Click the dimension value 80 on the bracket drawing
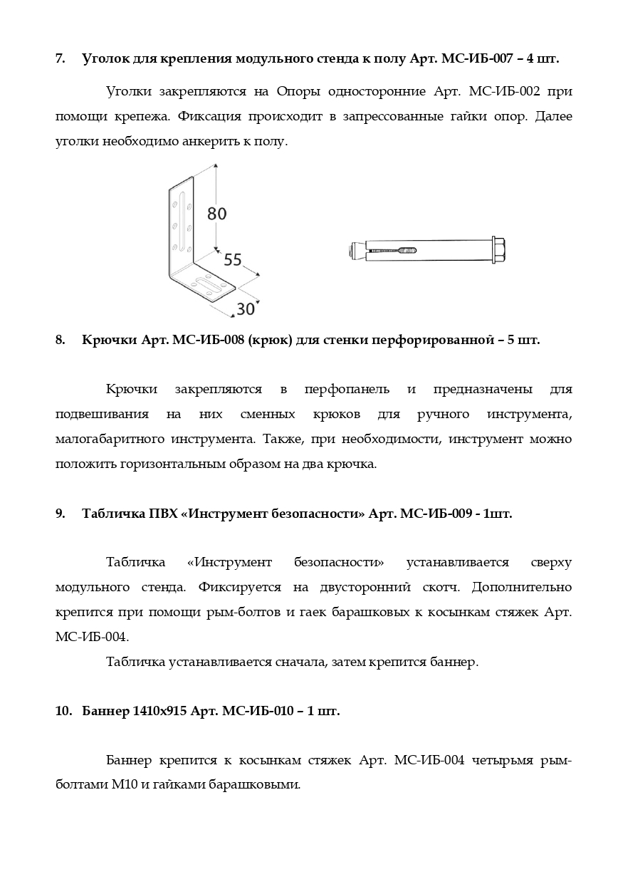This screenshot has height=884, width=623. [217, 212]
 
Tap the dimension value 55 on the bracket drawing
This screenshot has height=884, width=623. [233, 259]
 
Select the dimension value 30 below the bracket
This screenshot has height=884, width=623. [246, 309]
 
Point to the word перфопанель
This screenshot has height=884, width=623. [347, 390]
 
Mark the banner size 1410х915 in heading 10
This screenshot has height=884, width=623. [159, 712]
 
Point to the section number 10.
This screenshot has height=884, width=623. [62, 712]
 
